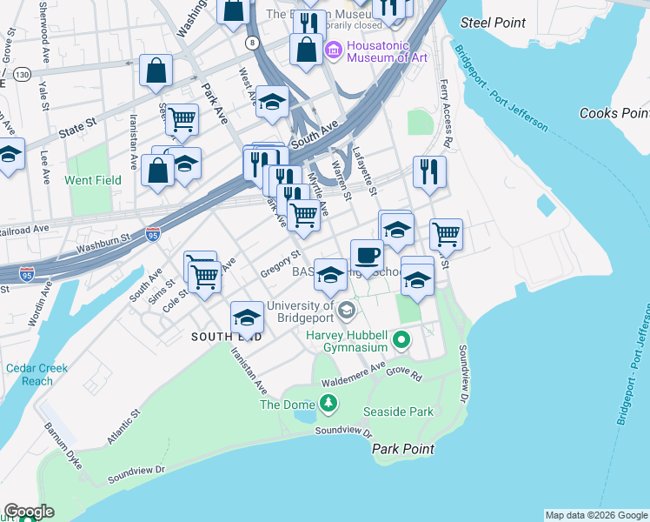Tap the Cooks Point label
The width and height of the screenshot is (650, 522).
point(614,113)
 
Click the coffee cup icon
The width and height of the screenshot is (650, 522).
point(367,256)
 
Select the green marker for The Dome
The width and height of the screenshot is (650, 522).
point(328,403)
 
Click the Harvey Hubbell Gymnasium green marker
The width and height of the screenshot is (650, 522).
point(401,340)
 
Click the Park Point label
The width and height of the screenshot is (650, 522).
point(403,449)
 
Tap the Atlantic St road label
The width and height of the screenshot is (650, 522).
point(123,429)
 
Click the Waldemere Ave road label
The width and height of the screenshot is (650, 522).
point(353,379)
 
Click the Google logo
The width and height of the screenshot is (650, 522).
point(29,512)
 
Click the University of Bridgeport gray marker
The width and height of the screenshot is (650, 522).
point(347,311)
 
